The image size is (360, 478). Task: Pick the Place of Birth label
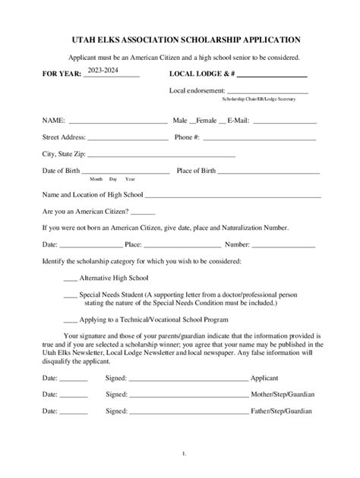198,171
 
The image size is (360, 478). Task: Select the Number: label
237,244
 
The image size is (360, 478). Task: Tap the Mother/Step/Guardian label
283,395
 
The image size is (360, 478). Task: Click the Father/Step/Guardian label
282,412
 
